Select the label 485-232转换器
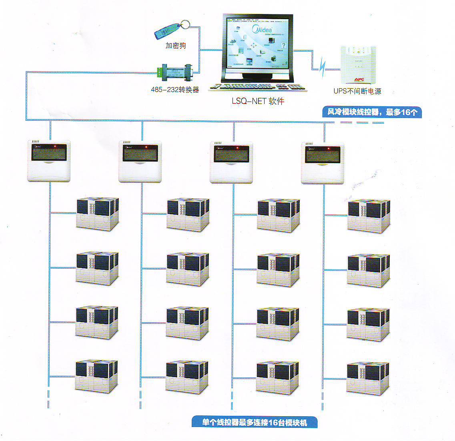175,90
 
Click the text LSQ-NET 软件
258,102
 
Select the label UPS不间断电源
357,91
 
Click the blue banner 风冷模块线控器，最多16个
372,112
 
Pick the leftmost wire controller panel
49,161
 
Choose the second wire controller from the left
140,161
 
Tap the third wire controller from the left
231,162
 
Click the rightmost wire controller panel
323,162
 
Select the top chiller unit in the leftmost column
97,214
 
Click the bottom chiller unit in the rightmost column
368,378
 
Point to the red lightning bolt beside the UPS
322,68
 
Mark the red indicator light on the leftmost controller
56,147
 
